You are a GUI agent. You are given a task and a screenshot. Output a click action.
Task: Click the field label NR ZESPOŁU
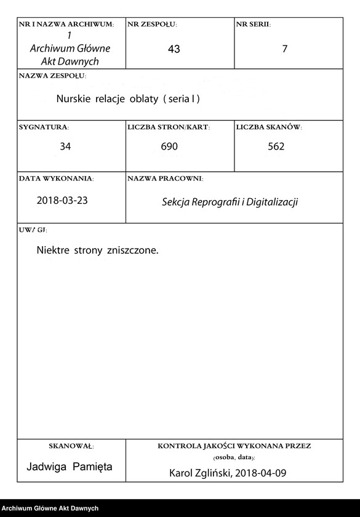[x=152, y=25]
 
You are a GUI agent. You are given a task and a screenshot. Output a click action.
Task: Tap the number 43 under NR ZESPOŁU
[x=174, y=49]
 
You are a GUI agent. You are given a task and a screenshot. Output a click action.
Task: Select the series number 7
[x=284, y=49]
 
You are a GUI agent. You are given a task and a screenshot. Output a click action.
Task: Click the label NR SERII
[x=253, y=25]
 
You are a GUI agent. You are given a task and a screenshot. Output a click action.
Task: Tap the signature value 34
[x=65, y=147]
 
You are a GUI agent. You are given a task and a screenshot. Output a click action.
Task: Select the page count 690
[x=169, y=147]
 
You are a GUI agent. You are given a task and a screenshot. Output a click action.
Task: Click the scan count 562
[x=276, y=147]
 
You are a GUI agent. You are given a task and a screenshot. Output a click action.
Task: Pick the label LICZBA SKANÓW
[x=269, y=127]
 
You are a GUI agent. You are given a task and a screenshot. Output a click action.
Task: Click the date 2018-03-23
[x=63, y=201]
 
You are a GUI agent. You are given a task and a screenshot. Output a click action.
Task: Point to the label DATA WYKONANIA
[x=56, y=178]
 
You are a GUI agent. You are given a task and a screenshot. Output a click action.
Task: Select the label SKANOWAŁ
[x=71, y=446]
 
